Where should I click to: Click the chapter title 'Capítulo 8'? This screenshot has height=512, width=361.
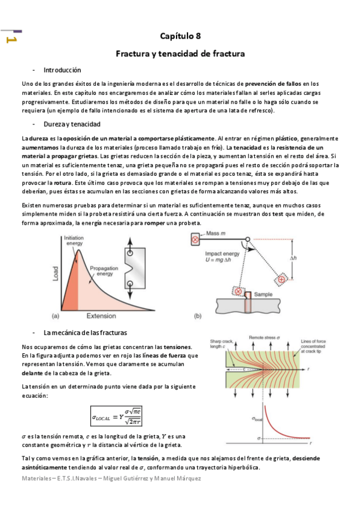(x=180, y=37)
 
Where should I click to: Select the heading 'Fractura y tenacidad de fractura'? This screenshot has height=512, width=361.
(x=180, y=54)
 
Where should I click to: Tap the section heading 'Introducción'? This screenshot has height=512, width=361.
(x=62, y=70)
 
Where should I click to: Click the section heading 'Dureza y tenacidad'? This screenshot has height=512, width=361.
(x=72, y=124)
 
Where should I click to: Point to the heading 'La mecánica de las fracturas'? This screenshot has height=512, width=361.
(x=85, y=333)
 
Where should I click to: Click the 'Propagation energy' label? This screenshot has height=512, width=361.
(x=105, y=270)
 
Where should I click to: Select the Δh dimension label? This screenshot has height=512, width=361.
(x=293, y=258)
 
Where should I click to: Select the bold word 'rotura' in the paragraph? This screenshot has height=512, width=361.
(x=57, y=182)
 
